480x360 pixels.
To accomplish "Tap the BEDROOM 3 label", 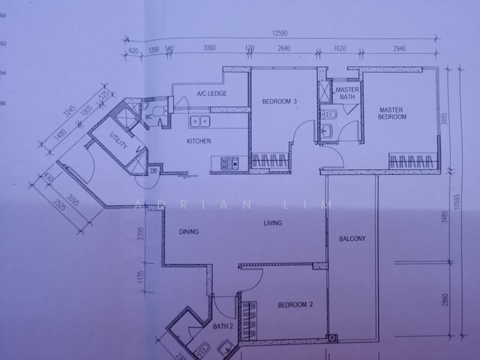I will pyautogui.click(x=280, y=101).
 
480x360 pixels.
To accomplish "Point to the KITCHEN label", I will pyautogui.click(x=199, y=142).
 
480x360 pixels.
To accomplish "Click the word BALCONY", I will pyautogui.click(x=352, y=238).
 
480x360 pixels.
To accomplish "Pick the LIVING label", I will pyautogui.click(x=273, y=223).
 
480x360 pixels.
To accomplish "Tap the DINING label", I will pyautogui.click(x=188, y=232).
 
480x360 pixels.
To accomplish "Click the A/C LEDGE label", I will pyautogui.click(x=210, y=94).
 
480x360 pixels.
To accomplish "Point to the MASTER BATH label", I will pyautogui.click(x=347, y=92).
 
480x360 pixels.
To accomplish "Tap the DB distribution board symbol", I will pyautogui.click(x=153, y=170).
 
